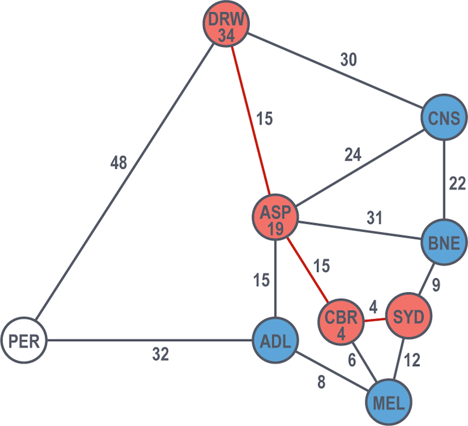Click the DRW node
pyautogui.click(x=226, y=23)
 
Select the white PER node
pyautogui.click(x=24, y=340)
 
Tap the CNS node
pyautogui.click(x=445, y=117)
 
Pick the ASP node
pyautogui.click(x=276, y=217)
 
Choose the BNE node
pyautogui.click(x=445, y=243)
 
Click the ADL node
pyautogui.click(x=276, y=340)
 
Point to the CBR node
pyautogui.click(x=341, y=322)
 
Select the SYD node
pyautogui.click(x=409, y=316)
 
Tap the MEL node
pyautogui.click(x=389, y=402)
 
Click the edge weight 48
pyautogui.click(x=119, y=163)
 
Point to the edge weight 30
pyautogui.click(x=349, y=60)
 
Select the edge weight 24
pyautogui.click(x=353, y=155)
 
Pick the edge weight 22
pyautogui.click(x=457, y=183)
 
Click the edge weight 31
pyautogui.click(x=374, y=218)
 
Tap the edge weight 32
pyautogui.click(x=160, y=354)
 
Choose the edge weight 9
pyautogui.click(x=436, y=285)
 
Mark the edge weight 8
pyautogui.click(x=321, y=382)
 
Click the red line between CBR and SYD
pyautogui.click(x=375, y=319)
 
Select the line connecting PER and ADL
pyautogui.click(x=150, y=340)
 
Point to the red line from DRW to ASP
pyautogui.click(x=251, y=120)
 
